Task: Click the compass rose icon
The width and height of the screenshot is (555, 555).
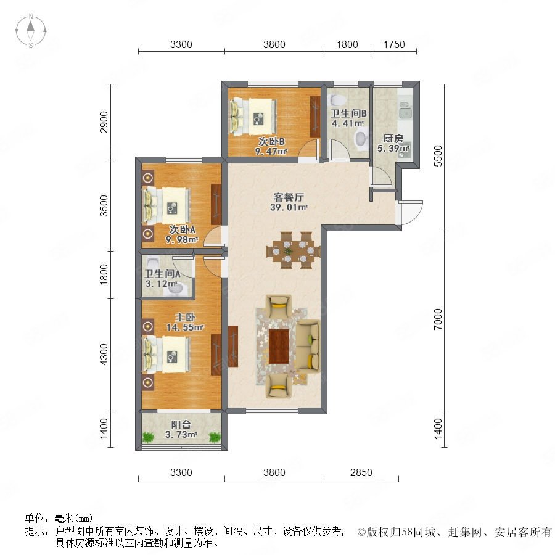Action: pyautogui.click(x=31, y=31)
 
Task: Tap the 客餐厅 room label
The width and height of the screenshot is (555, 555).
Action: pyautogui.click(x=289, y=197)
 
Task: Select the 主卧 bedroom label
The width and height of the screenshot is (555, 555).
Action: pyautogui.click(x=185, y=317)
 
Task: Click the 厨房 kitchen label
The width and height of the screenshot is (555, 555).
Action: pyautogui.click(x=393, y=138)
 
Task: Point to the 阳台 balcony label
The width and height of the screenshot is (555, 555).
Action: pyautogui.click(x=181, y=424)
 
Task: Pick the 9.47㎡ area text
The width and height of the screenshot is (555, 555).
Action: pyautogui.click(x=271, y=152)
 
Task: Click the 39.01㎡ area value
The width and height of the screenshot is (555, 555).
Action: pyautogui.click(x=289, y=207)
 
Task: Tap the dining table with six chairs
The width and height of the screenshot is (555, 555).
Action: pyautogui.click(x=293, y=250)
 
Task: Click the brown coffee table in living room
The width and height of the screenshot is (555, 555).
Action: pyautogui.click(x=279, y=346)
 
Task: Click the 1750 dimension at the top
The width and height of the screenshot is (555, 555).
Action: pyautogui.click(x=394, y=44)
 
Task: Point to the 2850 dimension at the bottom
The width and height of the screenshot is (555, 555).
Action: pyautogui.click(x=361, y=472)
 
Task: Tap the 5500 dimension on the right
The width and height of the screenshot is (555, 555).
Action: pyautogui.click(x=438, y=156)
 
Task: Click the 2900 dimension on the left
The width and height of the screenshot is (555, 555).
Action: pyautogui.click(x=104, y=121)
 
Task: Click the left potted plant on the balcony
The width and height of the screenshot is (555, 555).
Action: pyautogui.click(x=149, y=437)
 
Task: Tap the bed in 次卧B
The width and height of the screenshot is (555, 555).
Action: pyautogui.click(x=253, y=117)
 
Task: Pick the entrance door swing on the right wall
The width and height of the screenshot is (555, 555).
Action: pyautogui.click(x=411, y=212)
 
